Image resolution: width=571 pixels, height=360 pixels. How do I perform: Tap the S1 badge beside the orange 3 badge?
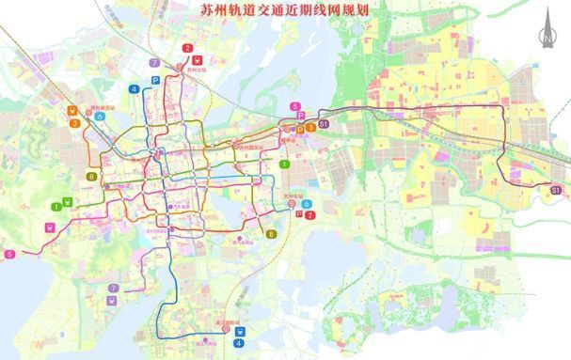(324, 123)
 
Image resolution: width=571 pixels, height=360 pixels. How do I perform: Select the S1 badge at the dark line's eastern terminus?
(556, 191)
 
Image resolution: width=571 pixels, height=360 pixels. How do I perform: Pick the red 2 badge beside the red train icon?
(187, 47)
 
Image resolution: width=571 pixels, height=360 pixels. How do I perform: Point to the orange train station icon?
(72, 110)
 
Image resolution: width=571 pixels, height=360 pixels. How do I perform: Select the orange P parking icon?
(300, 129)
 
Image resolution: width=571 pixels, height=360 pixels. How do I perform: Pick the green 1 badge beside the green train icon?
(56, 206)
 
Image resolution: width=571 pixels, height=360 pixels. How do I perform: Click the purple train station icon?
(113, 301)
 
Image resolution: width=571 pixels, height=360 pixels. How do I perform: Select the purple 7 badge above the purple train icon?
(113, 288)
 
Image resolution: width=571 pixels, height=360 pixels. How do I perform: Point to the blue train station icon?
(240, 330)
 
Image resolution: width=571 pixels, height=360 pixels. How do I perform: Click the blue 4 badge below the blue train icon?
(240, 343)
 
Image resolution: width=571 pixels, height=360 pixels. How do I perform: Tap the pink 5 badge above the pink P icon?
(295, 106)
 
